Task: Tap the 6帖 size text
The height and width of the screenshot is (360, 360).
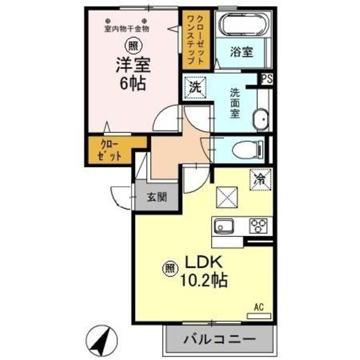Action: point(133,84)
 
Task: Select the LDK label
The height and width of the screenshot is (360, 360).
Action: point(202,262)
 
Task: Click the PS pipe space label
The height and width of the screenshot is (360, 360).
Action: point(267,79)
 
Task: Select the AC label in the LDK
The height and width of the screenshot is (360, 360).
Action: point(259,307)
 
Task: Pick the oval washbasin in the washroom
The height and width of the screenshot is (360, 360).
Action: point(260,120)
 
